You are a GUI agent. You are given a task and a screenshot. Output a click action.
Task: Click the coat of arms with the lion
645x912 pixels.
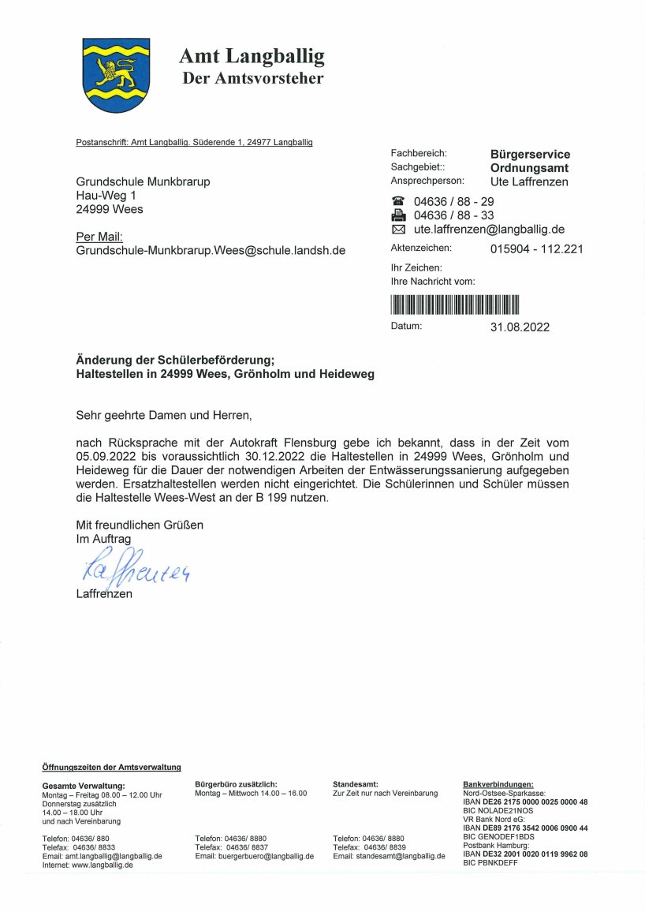click(116, 75)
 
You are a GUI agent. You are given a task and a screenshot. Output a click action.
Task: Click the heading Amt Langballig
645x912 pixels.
click(252, 57)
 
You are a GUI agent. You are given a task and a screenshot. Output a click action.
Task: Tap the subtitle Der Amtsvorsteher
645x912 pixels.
click(252, 78)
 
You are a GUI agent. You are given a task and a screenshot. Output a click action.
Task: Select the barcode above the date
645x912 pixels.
click(455, 305)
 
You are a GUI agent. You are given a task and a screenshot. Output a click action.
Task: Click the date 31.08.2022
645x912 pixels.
click(520, 327)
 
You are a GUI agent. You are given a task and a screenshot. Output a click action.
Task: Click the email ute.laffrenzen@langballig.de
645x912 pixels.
click(489, 230)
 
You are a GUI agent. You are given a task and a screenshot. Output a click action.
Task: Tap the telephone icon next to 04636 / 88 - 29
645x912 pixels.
click(398, 201)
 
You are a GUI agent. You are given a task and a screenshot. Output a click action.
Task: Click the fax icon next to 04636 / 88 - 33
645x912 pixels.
click(398, 215)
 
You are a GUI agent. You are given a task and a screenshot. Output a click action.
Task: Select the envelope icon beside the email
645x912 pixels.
click(398, 230)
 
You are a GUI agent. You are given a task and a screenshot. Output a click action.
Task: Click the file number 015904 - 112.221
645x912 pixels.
click(536, 249)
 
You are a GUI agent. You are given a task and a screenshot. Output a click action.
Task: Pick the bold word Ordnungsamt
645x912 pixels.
click(529, 168)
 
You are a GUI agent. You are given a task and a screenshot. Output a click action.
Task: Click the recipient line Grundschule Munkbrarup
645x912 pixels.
click(143, 181)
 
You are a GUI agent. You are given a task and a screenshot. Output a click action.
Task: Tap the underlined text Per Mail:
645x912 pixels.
click(99, 237)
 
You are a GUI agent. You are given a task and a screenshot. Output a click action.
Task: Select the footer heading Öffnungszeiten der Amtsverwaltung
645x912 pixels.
click(111, 767)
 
